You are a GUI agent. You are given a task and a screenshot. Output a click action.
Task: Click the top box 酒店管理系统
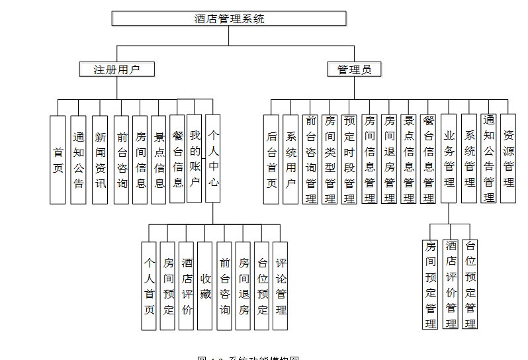point(229,19)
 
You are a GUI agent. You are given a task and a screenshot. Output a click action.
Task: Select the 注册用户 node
point(116,69)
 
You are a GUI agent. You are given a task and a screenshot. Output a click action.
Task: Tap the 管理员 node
point(354,69)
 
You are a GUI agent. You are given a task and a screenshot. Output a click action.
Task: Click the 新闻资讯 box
point(100,159)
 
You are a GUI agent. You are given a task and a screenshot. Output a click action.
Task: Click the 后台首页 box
point(271,159)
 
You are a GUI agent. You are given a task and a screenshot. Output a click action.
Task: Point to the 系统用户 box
point(290,159)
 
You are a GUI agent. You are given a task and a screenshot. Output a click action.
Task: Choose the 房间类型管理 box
point(330,159)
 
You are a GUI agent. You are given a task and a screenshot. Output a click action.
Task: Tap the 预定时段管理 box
point(349,159)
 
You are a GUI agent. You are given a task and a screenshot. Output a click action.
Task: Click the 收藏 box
point(206,286)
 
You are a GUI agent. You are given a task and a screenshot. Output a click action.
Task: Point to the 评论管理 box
point(281,286)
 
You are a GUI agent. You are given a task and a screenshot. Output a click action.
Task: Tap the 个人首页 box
point(150,286)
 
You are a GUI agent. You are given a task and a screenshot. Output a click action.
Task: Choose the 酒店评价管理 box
point(451,285)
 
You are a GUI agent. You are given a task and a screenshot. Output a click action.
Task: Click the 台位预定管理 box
point(470,285)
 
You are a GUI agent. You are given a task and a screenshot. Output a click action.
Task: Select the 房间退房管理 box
point(389,159)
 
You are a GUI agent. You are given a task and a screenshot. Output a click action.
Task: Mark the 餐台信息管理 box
point(428,159)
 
